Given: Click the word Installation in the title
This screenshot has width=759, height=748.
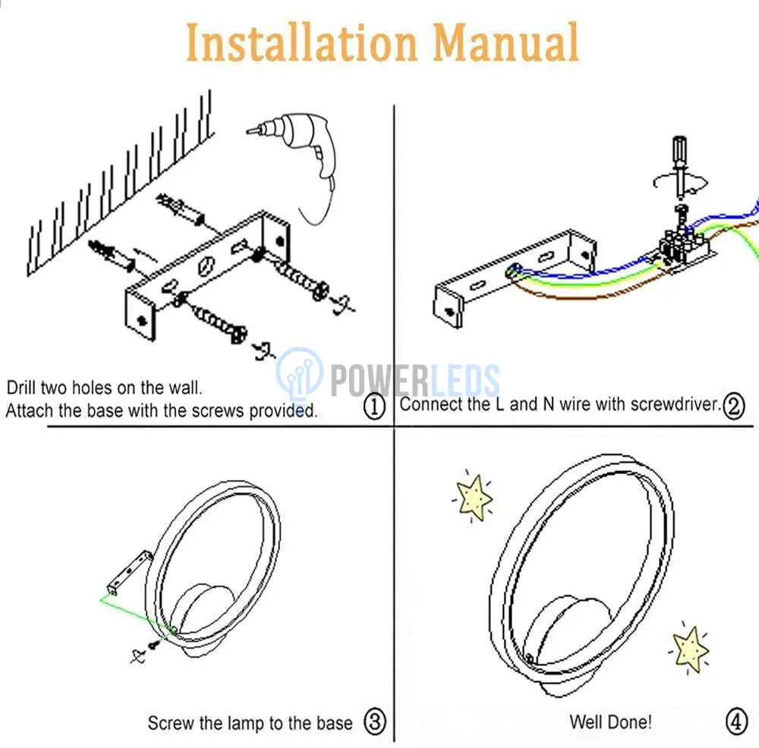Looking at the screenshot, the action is pos(301,42).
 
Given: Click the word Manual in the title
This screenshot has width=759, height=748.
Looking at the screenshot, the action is pos(505,42).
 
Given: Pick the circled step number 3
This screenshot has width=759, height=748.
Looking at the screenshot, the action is pos(375,721).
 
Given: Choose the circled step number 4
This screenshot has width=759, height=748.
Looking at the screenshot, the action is pos(735,721).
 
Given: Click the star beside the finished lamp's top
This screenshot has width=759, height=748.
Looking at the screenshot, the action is pos(474,498).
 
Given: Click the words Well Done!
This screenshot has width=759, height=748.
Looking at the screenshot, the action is pos(610,722).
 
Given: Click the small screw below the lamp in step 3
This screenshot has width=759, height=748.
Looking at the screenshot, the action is pos(154,644).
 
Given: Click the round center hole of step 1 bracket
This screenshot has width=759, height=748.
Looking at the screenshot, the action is pos(206,266).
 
